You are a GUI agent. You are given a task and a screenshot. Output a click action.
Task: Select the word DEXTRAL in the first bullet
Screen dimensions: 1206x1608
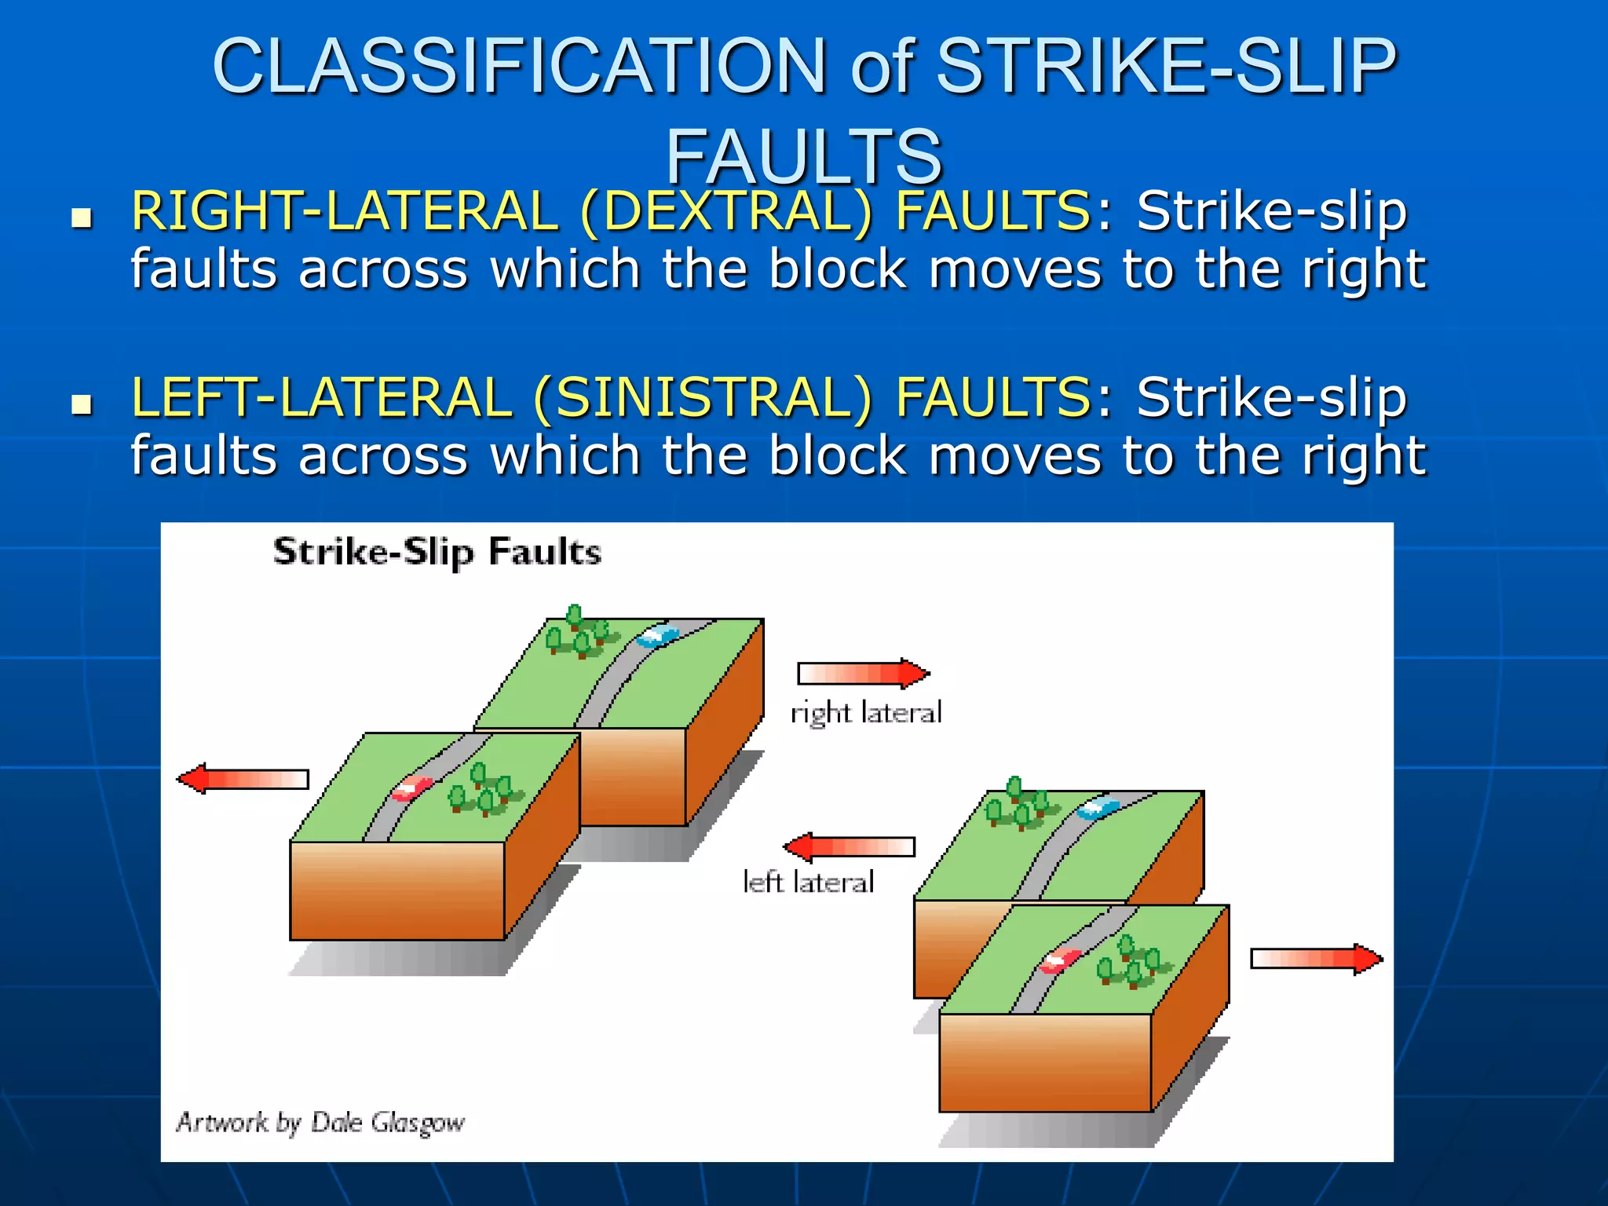pos(726,211)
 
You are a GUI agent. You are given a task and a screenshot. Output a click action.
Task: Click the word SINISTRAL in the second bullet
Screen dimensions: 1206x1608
pos(702,397)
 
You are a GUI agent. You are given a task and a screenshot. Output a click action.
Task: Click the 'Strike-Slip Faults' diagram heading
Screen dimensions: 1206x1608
pos(437,552)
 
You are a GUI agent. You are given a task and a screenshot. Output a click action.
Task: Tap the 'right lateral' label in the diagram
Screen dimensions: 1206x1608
pos(865,713)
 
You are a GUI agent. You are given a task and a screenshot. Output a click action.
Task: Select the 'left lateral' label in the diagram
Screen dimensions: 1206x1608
pos(808,883)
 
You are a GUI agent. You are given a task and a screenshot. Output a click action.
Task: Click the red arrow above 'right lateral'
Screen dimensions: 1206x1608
pos(864,674)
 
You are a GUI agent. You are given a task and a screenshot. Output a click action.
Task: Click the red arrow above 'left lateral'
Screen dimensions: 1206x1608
pos(850,846)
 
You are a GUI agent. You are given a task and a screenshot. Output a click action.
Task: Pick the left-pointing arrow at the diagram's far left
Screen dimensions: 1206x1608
pos(243,778)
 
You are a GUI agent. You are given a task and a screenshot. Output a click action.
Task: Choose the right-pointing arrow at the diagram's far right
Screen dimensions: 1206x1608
pos(1316,959)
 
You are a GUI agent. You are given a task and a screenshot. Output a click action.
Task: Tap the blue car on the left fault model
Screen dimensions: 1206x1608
pos(658,636)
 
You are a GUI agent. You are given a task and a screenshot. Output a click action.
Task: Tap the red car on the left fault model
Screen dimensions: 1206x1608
pos(411,788)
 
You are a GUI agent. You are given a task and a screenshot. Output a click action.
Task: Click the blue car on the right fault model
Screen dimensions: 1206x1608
pos(1098,808)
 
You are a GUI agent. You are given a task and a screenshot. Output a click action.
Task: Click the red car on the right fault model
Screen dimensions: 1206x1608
pos(1060,960)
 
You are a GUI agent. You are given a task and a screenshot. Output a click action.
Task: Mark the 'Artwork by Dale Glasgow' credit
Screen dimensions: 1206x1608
pos(320,1122)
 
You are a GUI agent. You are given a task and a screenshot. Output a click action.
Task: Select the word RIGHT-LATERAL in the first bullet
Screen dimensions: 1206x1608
pos(344,211)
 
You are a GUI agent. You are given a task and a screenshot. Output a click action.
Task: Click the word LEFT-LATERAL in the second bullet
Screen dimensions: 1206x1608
pos(321,397)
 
